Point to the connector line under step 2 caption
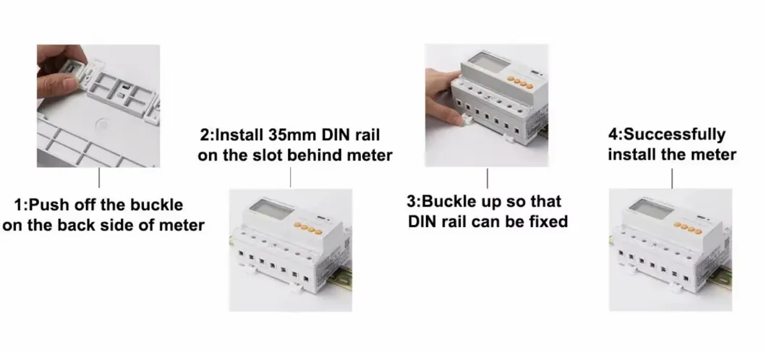[290, 176]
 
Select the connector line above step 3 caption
[487, 178]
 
